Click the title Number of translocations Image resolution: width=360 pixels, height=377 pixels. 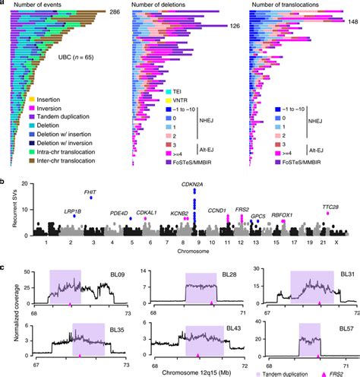(x=294, y=5)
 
